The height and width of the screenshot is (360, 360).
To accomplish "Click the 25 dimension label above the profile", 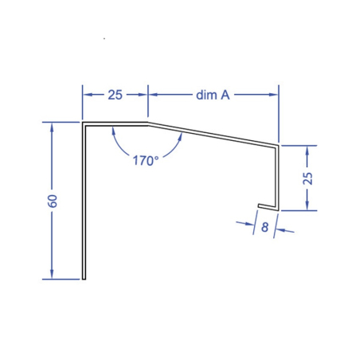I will [115, 95].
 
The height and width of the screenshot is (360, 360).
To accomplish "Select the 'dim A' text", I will [213, 95].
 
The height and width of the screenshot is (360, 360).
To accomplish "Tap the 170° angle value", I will [145, 159].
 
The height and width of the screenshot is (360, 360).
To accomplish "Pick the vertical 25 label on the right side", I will [309, 177].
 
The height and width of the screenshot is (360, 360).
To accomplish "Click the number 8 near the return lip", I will [264, 226].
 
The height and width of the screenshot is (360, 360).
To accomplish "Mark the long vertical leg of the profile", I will [83, 207].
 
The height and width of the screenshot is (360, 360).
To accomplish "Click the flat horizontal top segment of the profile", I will [115, 123].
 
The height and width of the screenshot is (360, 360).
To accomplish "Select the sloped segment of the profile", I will [213, 134].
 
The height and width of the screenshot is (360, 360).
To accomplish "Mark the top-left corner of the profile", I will [83, 123].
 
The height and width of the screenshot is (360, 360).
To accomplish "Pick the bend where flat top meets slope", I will [149, 123].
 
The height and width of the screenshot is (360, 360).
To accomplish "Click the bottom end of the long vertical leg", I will [83, 279].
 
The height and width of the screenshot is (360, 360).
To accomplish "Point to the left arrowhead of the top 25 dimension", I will [87, 95].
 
